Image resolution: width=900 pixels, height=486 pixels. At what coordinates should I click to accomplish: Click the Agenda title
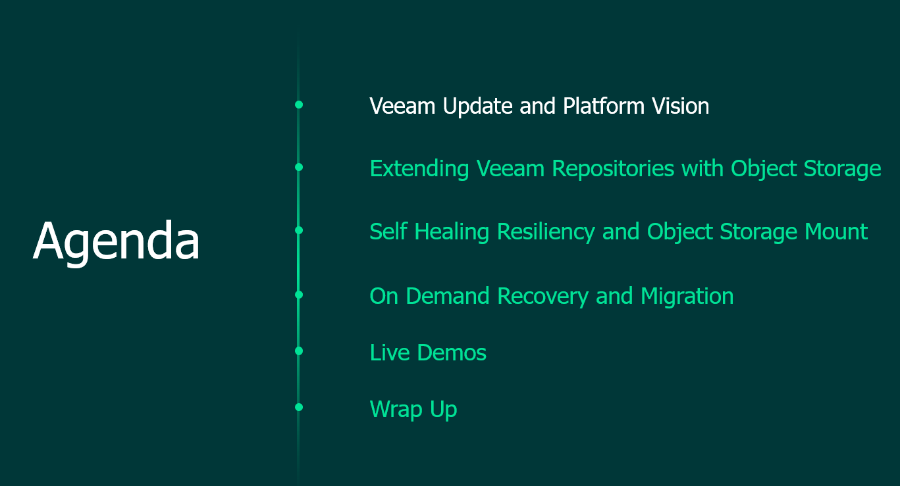[x=116, y=241]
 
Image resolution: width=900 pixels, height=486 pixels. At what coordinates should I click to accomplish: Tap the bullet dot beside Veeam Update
[x=299, y=105]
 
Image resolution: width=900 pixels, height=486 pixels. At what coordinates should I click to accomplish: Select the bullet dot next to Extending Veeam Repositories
[x=299, y=167]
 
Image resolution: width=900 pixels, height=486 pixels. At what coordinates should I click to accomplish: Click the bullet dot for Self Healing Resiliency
[x=299, y=230]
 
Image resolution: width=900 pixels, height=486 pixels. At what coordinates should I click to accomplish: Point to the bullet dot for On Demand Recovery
[x=299, y=295]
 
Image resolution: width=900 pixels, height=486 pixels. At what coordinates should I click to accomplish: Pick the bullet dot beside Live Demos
[x=299, y=351]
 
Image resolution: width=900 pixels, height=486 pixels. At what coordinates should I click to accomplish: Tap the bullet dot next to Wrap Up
[x=299, y=407]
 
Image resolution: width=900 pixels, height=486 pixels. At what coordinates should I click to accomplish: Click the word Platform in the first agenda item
[x=604, y=106]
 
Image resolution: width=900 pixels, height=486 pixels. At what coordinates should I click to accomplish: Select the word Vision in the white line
[x=681, y=106]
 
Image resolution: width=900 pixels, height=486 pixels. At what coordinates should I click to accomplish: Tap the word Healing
[x=452, y=233]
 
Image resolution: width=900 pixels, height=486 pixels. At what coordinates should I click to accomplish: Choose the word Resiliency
[x=546, y=233]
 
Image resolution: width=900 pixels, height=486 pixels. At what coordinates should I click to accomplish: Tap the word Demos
[x=452, y=352]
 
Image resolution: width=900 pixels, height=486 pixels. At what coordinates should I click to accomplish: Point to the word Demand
[x=448, y=296]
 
